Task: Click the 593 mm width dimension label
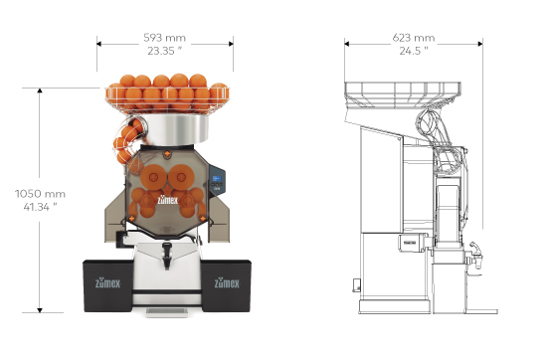click(164, 38)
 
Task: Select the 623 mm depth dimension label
click(414, 38)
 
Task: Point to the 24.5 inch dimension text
click(414, 51)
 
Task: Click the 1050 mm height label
click(40, 194)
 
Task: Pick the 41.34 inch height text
click(40, 207)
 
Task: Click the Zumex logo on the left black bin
click(108, 282)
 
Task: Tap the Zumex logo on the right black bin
click(227, 282)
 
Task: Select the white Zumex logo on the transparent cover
click(168, 200)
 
